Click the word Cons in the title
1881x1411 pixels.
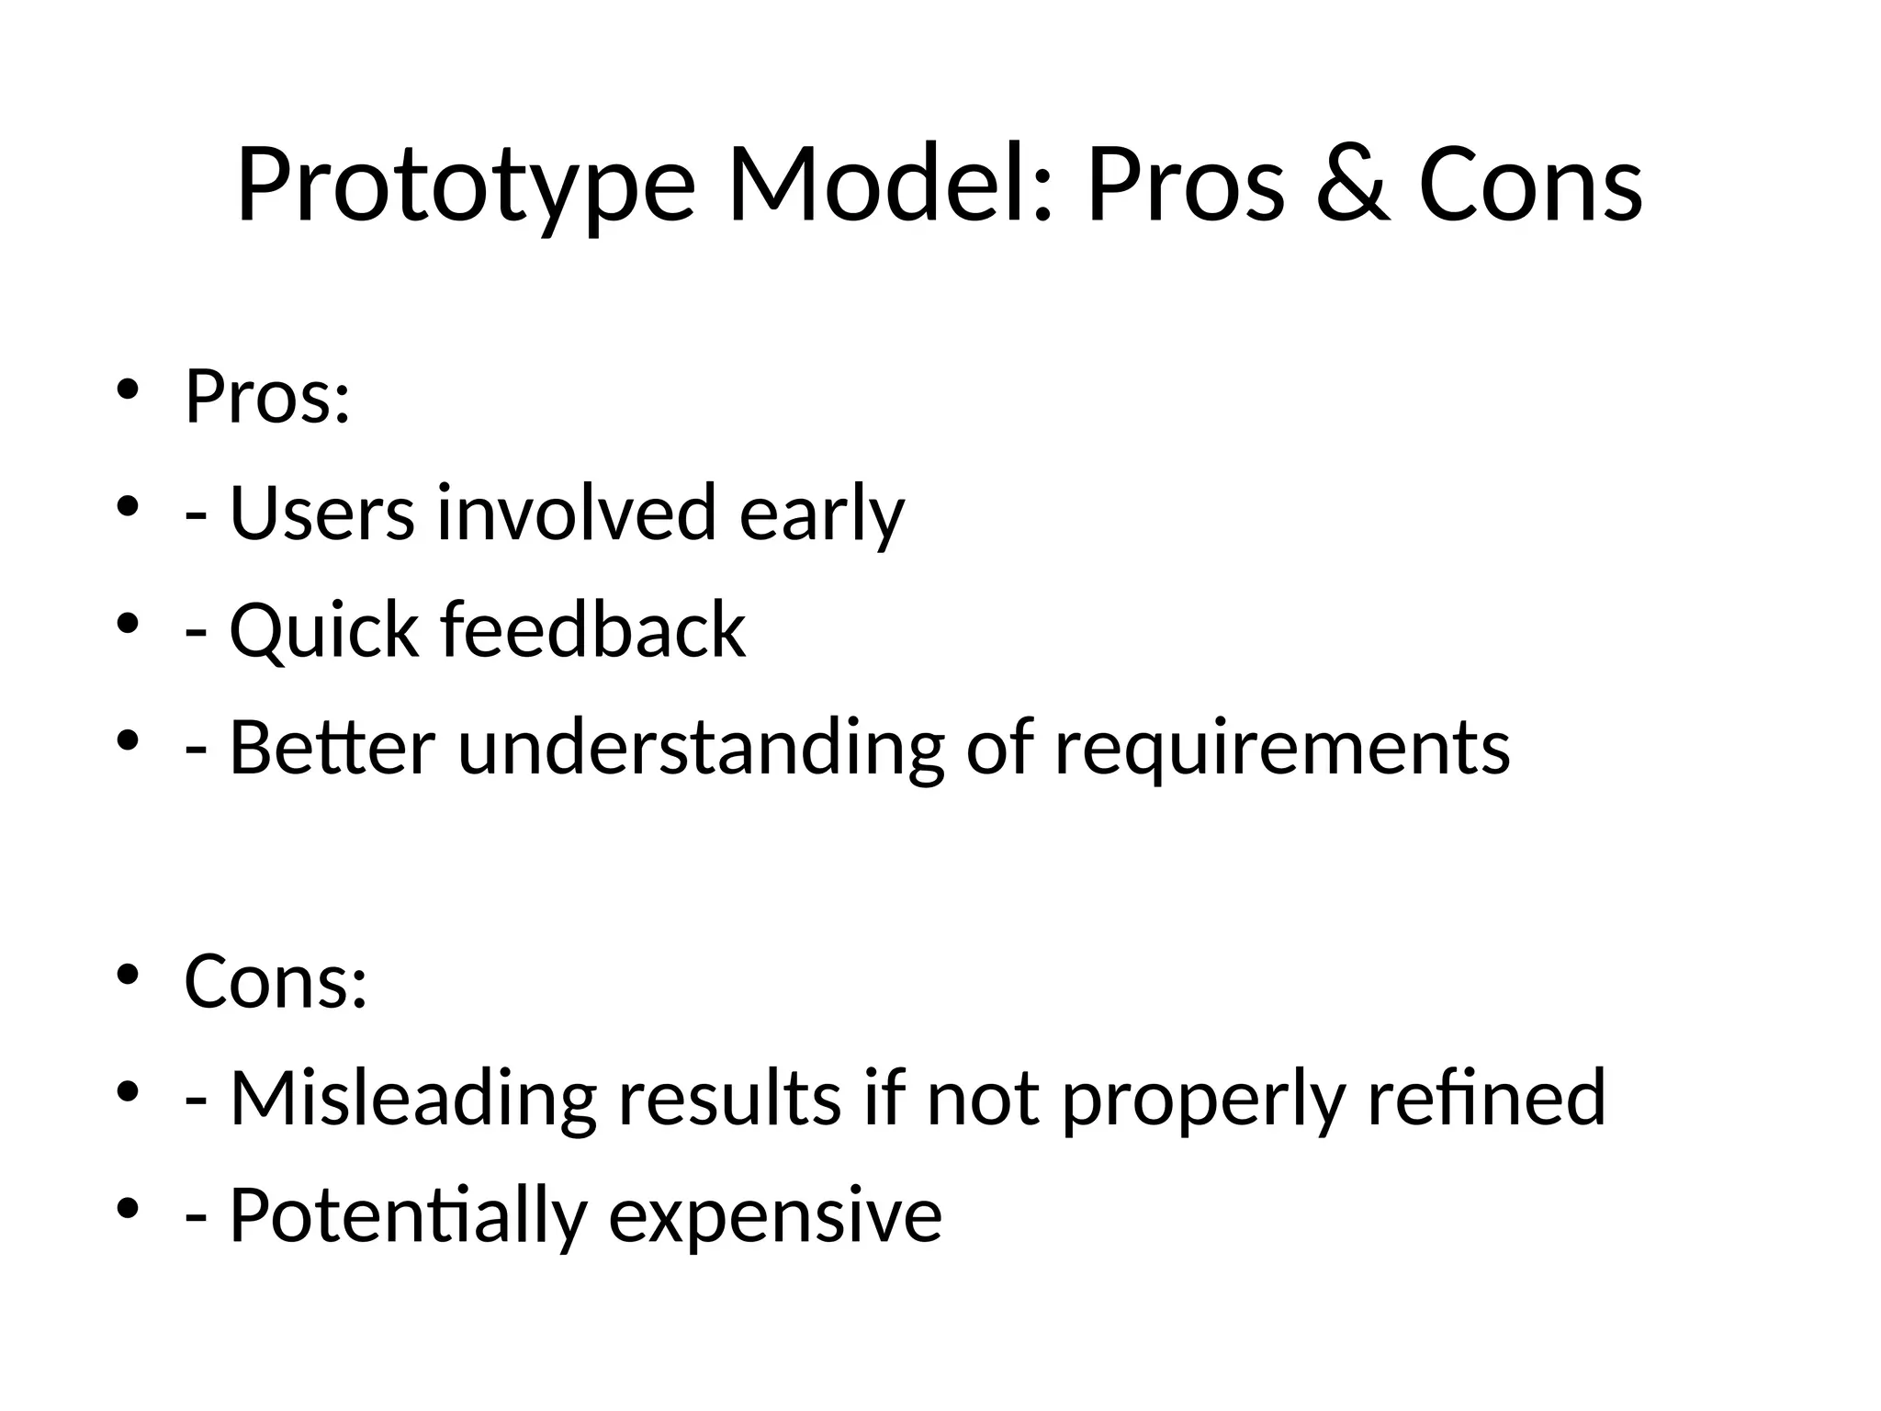point(1530,186)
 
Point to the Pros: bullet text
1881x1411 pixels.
point(267,398)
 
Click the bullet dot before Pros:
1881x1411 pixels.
point(127,389)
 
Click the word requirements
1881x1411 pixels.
point(1282,749)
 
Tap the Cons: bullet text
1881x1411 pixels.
point(276,981)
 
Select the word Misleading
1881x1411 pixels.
point(412,1099)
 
